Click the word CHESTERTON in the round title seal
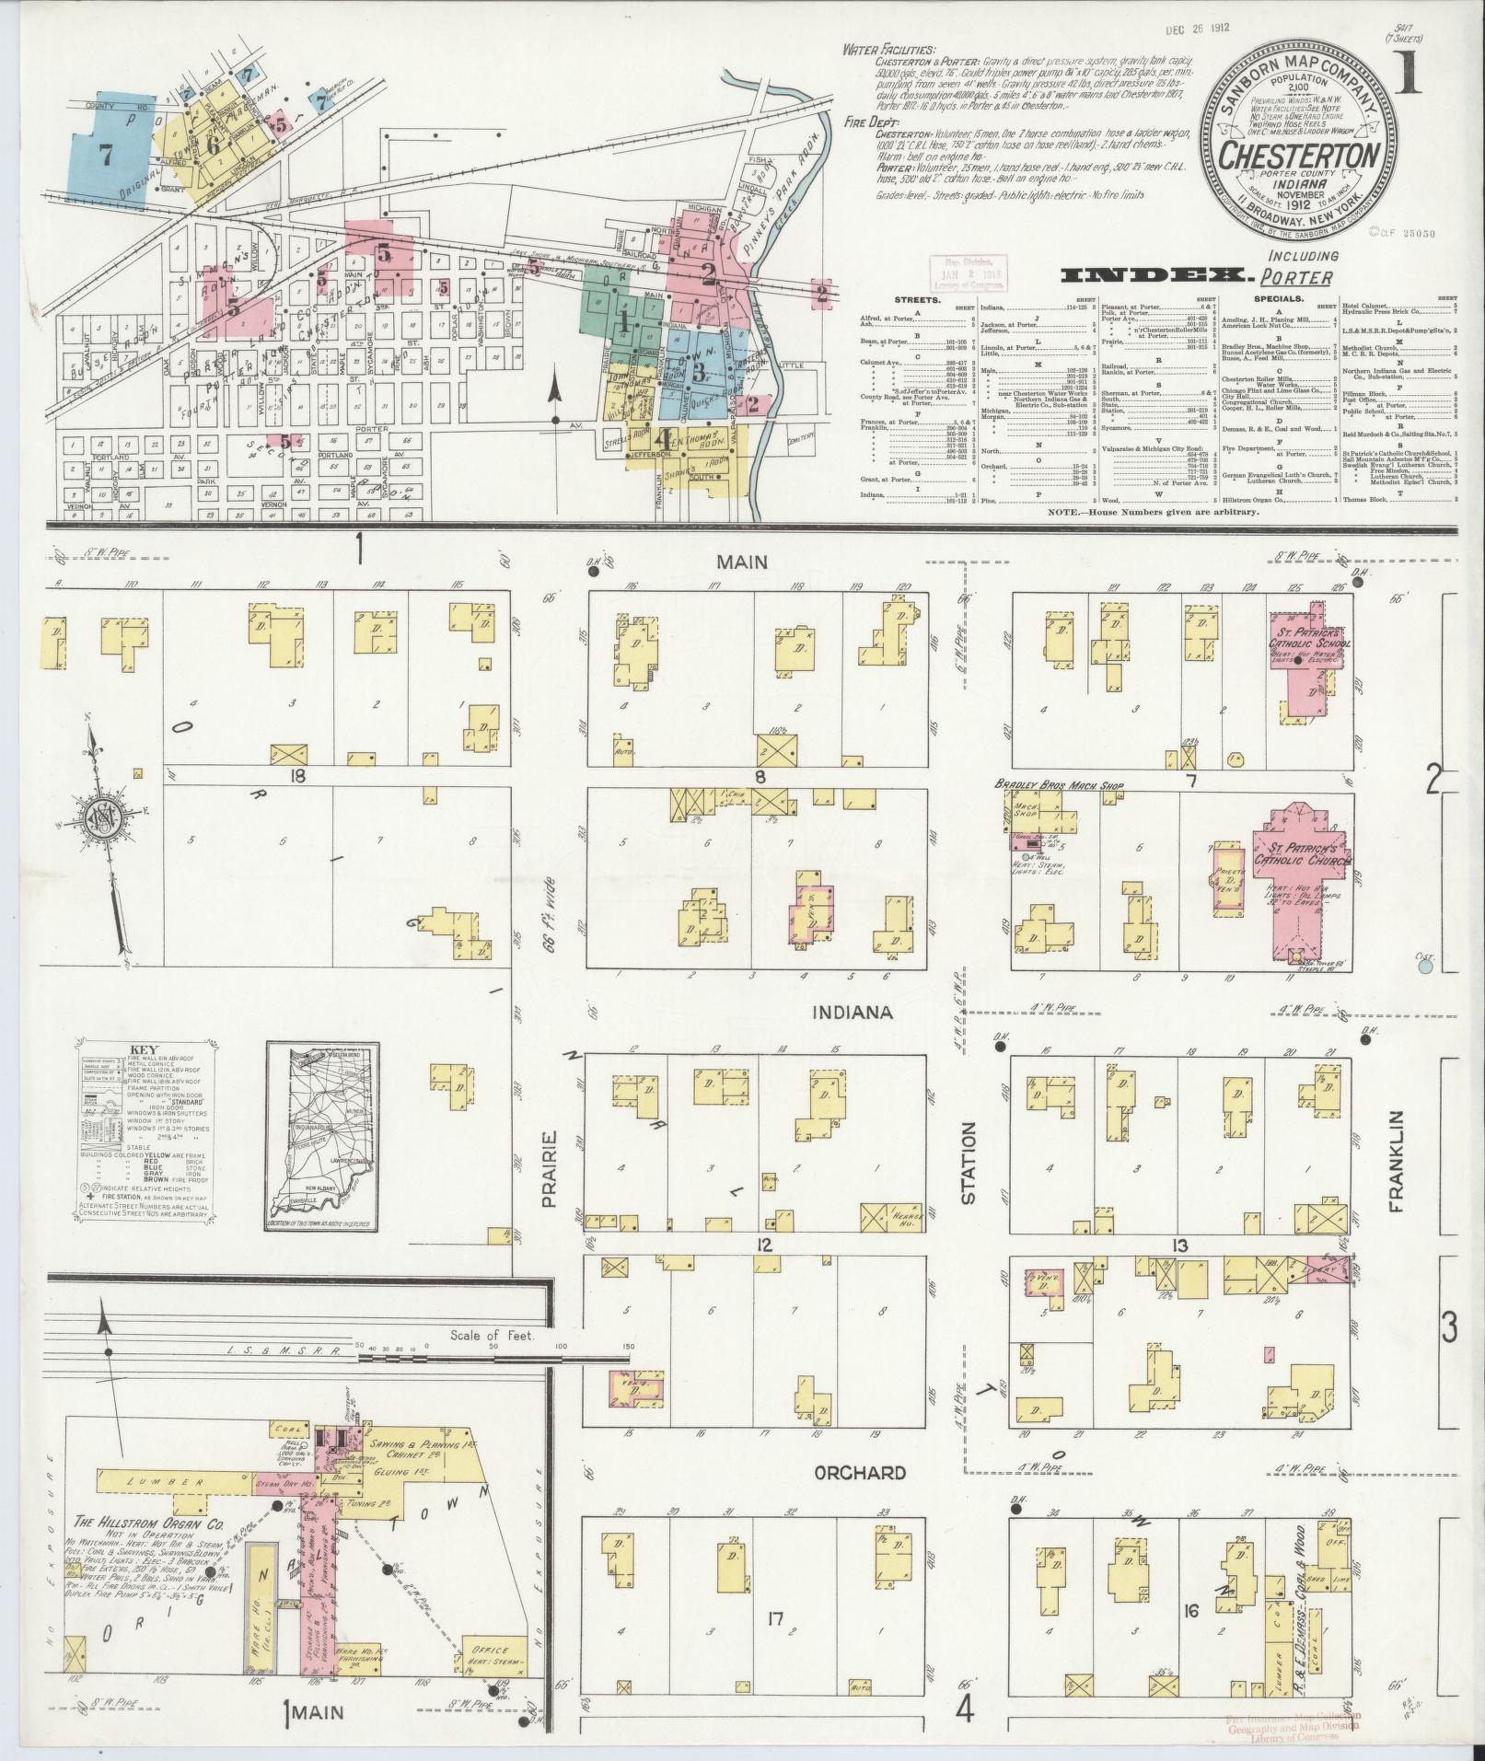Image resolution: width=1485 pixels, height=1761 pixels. click(x=1298, y=153)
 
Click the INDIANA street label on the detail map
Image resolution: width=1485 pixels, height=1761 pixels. click(x=853, y=1013)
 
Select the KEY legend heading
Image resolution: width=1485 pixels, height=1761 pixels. click(x=145, y=1048)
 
